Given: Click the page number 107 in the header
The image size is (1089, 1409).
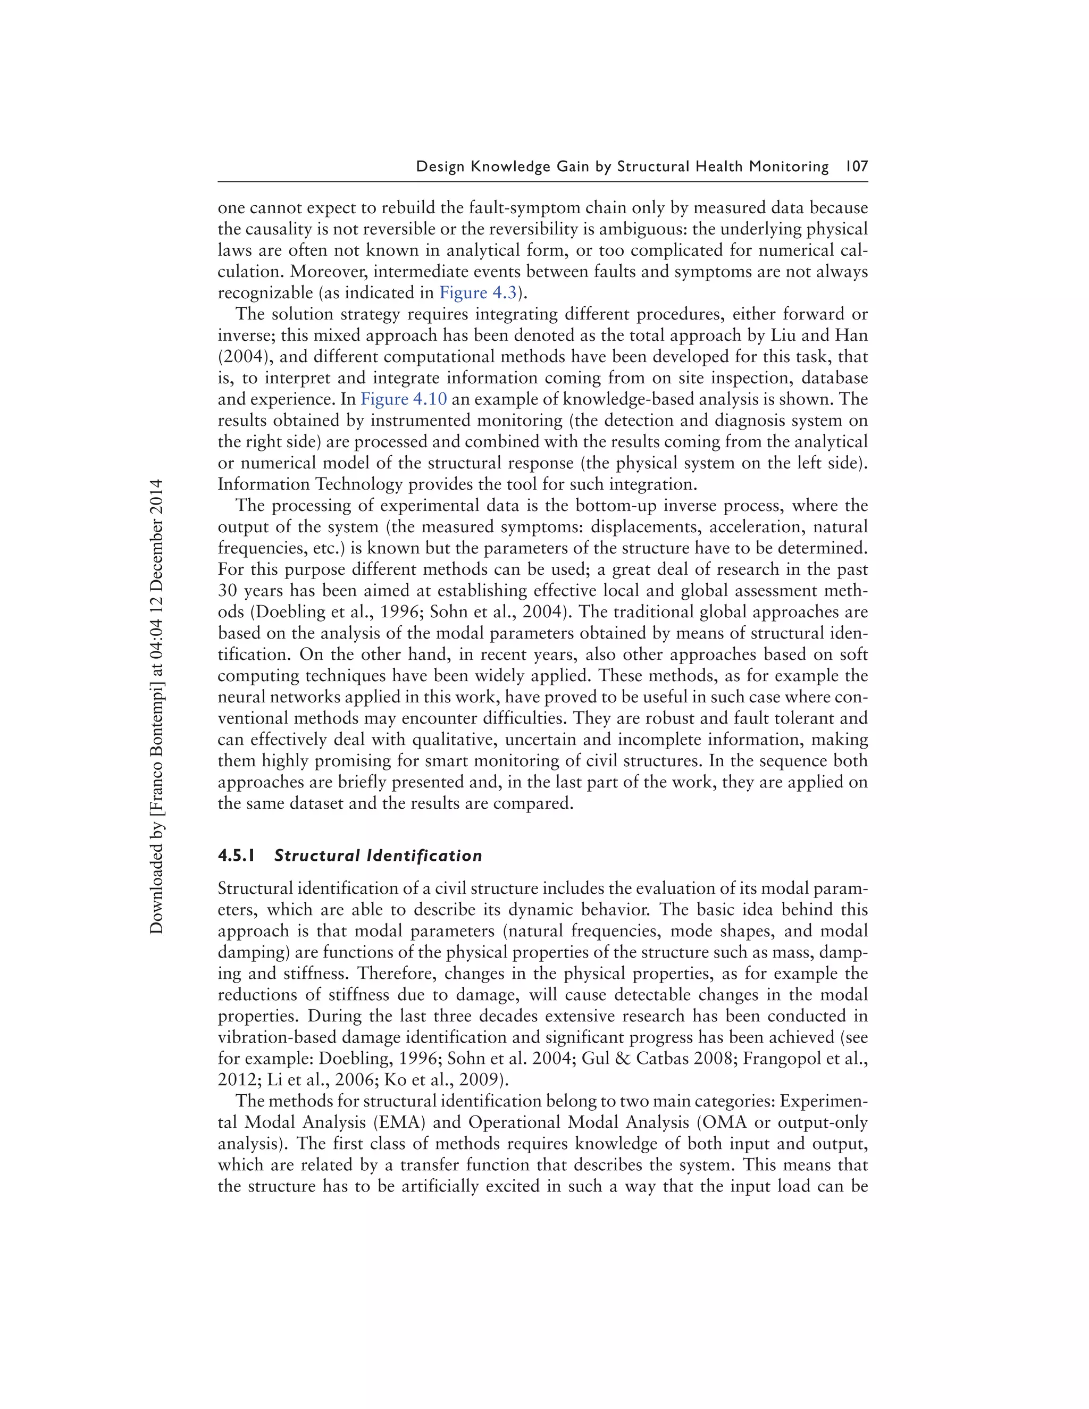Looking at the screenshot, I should coord(856,166).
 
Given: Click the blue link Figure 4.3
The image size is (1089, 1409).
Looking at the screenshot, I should coord(478,293).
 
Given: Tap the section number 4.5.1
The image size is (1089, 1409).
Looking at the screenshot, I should coord(236,856).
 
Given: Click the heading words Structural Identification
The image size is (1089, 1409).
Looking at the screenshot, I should coord(378,856).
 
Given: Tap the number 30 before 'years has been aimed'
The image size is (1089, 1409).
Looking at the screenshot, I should coord(228,590).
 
